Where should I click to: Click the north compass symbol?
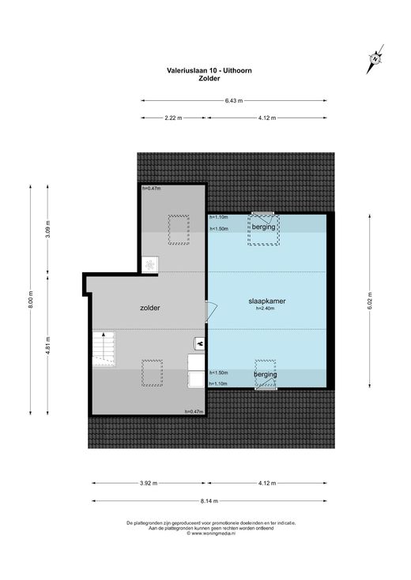(375, 59)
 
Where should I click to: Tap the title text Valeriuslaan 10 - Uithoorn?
(209, 70)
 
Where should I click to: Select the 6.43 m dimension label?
(234, 101)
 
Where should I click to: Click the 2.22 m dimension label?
(173, 118)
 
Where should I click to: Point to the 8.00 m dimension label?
(31, 300)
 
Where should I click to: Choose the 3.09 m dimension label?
(47, 230)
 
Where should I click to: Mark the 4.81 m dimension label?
(47, 346)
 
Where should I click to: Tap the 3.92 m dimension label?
(148, 483)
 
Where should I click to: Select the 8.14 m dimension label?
(209, 501)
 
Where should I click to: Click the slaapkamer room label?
(267, 301)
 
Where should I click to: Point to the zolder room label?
(150, 308)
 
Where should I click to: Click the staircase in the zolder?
(104, 349)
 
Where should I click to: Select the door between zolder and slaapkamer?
(211, 312)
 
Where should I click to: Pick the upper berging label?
(263, 226)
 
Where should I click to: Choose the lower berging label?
(266, 374)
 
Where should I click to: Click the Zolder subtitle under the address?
(209, 78)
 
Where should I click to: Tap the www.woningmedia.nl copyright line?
(211, 533)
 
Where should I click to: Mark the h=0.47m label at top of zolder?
(152, 189)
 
